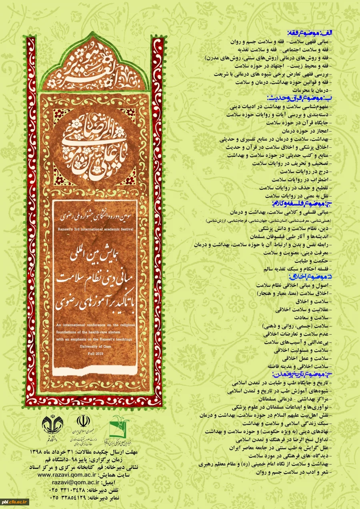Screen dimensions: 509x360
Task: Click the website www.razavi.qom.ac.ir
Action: (63, 475)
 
